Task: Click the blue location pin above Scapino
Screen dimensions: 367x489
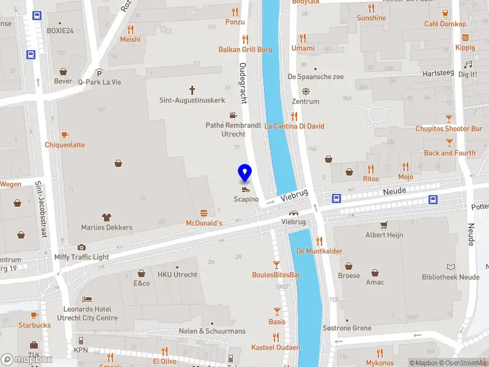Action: click(245, 172)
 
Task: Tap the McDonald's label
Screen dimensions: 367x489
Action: click(204, 223)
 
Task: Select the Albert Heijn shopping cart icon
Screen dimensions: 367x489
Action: click(384, 224)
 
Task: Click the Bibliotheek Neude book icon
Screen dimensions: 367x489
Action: click(450, 267)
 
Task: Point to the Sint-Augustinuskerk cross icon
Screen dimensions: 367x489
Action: click(192, 89)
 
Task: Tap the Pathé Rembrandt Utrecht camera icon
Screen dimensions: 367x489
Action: click(233, 114)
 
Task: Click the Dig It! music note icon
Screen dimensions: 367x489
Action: click(468, 64)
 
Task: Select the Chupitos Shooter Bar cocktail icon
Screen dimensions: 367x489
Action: click(449, 118)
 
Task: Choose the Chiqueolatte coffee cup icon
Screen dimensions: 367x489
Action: click(65, 135)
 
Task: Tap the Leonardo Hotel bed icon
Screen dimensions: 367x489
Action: click(87, 300)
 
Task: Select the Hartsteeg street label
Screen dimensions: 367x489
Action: click(438, 73)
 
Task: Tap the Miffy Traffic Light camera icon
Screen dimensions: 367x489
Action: click(81, 247)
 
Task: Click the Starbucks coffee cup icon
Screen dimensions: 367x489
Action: click(34, 315)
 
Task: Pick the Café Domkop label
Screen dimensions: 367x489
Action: click(445, 24)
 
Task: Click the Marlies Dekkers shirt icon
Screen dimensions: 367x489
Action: click(106, 217)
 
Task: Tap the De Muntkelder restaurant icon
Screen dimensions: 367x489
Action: click(319, 240)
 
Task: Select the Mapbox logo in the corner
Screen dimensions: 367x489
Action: click(27, 360)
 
